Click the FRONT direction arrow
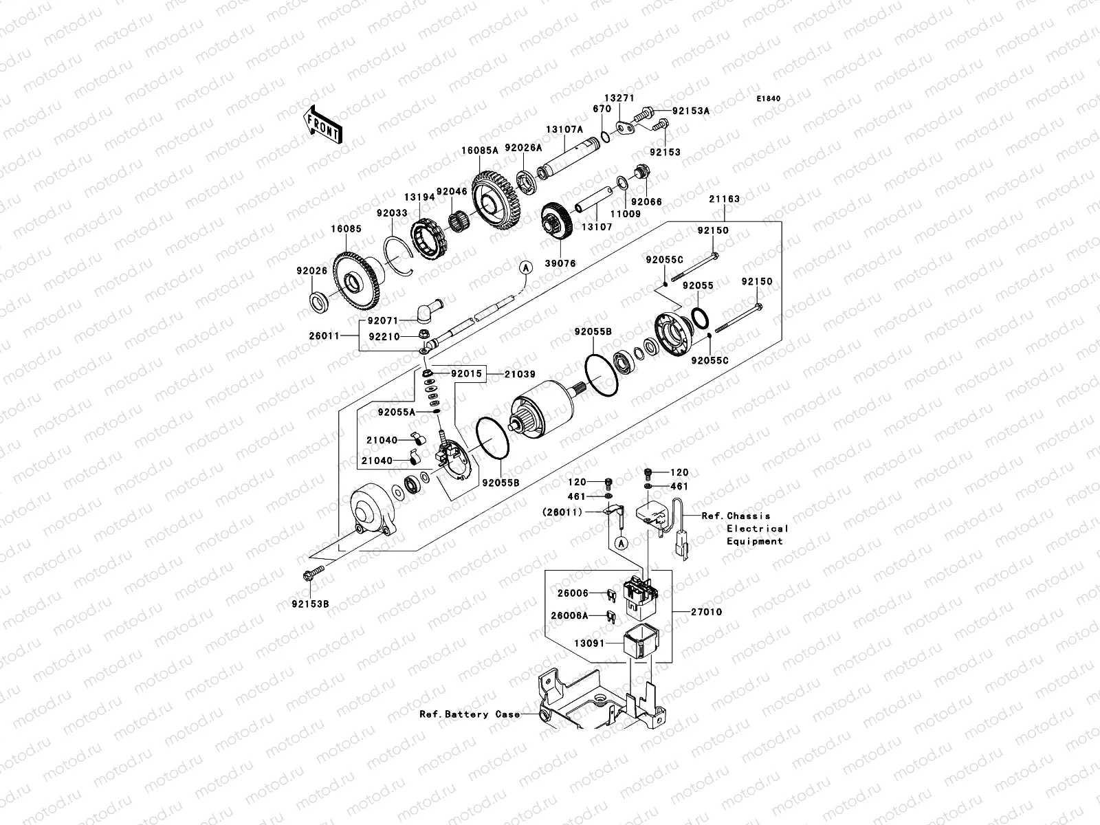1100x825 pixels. [x=323, y=124]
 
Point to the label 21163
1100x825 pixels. [x=725, y=199]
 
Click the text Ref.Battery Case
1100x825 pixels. [x=470, y=714]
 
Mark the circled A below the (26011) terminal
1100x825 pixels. [x=621, y=543]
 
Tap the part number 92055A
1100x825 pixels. [x=396, y=412]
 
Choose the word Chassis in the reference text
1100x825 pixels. [x=749, y=516]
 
